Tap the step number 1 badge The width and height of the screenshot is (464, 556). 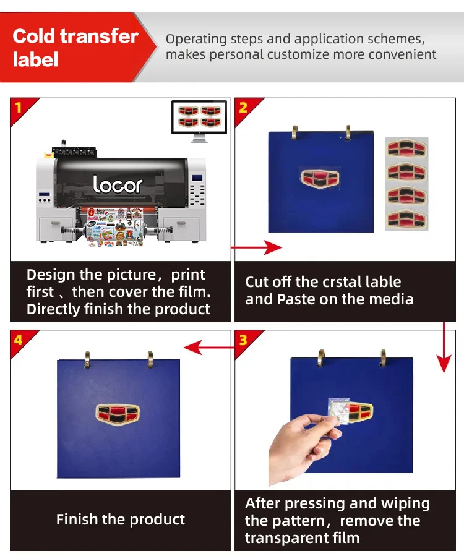pyautogui.click(x=18, y=108)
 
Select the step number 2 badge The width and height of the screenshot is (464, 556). pyautogui.click(x=243, y=108)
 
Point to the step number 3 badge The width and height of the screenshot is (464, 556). pyautogui.click(x=243, y=340)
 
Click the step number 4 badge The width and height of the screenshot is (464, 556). pyautogui.click(x=18, y=340)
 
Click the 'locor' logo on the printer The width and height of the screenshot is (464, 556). pyautogui.click(x=118, y=184)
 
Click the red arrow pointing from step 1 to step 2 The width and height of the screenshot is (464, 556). pyautogui.click(x=256, y=248)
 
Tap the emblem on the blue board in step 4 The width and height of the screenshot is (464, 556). pyautogui.click(x=118, y=415)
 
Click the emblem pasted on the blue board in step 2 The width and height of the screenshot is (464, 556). pyautogui.click(x=320, y=178)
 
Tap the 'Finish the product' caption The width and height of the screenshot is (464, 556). pyautogui.click(x=121, y=520)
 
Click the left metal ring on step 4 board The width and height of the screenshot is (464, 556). pyautogui.click(x=87, y=359)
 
